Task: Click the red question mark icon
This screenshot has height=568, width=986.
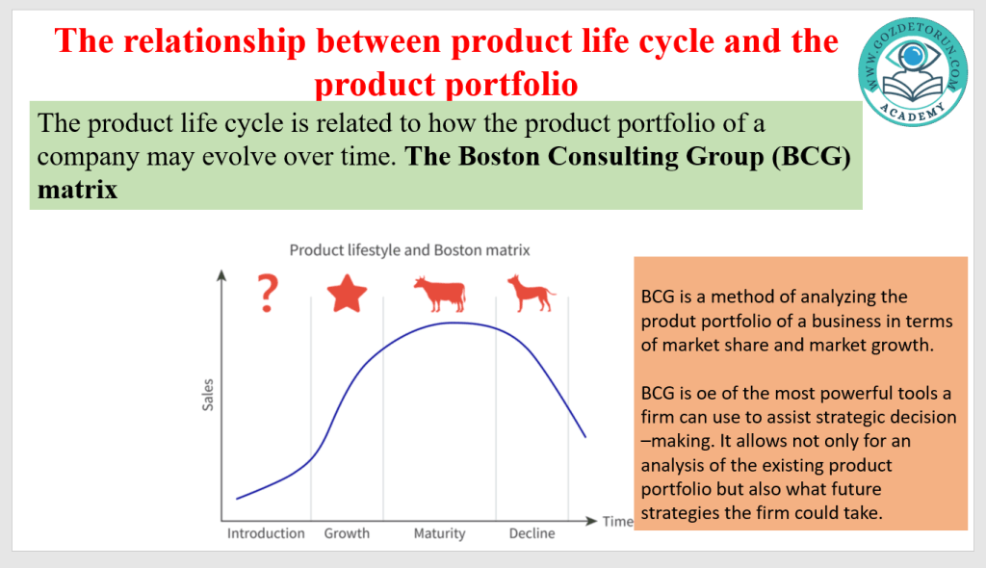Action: click(268, 293)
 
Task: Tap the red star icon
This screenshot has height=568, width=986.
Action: click(347, 294)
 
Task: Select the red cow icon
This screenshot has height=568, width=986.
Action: click(439, 294)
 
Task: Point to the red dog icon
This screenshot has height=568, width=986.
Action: click(532, 293)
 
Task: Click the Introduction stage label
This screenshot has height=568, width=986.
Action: click(266, 533)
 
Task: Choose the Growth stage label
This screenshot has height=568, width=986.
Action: click(347, 533)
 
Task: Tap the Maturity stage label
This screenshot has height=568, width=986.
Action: click(439, 534)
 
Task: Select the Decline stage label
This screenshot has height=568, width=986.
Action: click(532, 533)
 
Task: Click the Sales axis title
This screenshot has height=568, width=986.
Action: click(208, 395)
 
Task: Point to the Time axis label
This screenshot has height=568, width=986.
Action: click(617, 522)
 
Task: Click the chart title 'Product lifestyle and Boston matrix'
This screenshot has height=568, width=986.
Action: click(409, 250)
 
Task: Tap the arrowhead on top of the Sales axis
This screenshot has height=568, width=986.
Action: click(221, 275)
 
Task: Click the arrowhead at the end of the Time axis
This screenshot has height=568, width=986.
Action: click(591, 521)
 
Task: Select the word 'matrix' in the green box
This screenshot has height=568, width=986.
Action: click(77, 190)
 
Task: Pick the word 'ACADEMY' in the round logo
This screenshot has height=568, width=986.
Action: click(913, 113)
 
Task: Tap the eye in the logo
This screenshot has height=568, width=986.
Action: click(913, 57)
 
